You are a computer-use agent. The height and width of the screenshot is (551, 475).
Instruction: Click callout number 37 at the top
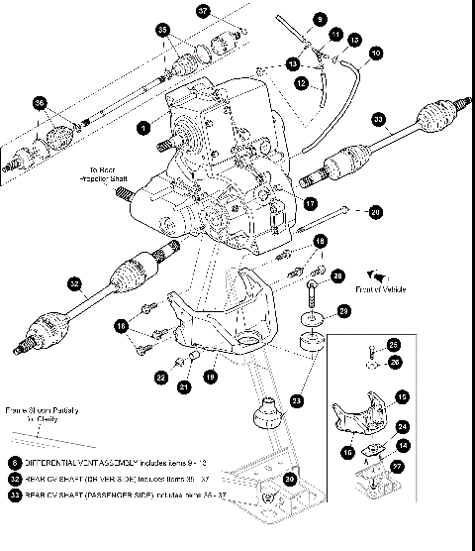click(x=203, y=12)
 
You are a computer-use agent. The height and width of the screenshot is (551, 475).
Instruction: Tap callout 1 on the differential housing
click(x=144, y=128)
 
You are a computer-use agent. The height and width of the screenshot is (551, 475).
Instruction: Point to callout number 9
click(x=320, y=19)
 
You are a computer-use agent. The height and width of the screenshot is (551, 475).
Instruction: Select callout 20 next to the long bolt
click(x=374, y=211)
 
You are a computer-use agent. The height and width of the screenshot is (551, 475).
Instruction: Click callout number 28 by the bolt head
click(x=337, y=275)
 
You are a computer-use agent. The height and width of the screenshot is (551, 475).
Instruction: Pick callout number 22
click(x=160, y=377)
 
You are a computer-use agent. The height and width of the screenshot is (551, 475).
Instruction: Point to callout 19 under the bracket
click(x=210, y=377)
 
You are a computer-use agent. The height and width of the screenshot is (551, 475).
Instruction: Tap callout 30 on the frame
click(x=290, y=478)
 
